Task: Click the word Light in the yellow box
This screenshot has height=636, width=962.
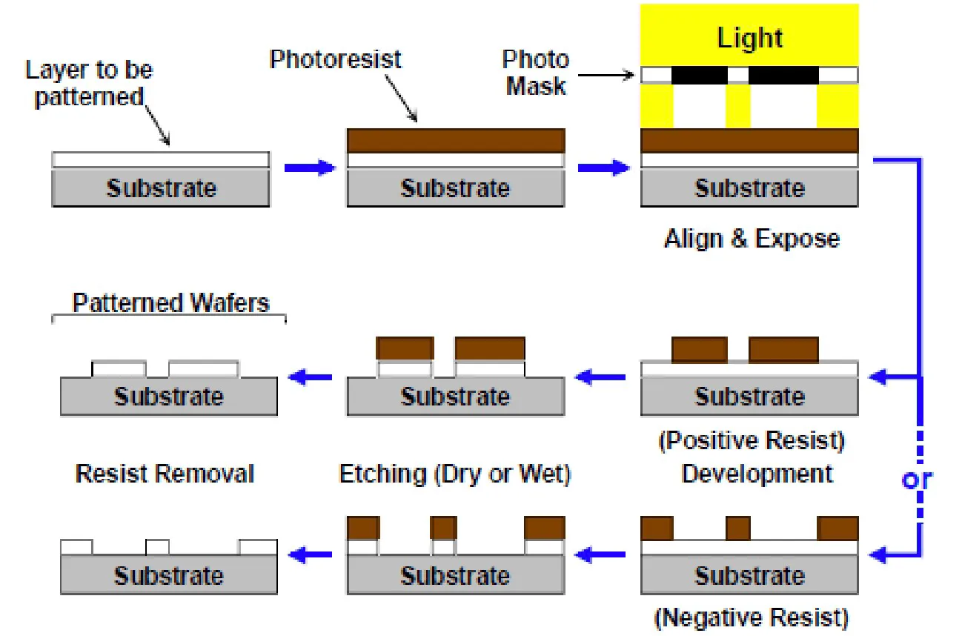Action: click(x=749, y=38)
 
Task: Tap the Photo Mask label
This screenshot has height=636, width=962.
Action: click(x=536, y=73)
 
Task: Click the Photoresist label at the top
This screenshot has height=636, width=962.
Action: click(x=335, y=59)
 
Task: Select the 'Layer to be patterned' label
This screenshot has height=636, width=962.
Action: click(x=89, y=83)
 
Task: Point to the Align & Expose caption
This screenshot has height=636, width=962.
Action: click(x=752, y=239)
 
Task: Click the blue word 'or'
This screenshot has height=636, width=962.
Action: click(x=916, y=480)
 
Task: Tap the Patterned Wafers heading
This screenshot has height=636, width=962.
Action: click(x=170, y=302)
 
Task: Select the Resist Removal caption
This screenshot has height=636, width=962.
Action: click(x=165, y=474)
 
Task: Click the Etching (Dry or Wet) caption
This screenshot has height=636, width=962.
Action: click(x=454, y=474)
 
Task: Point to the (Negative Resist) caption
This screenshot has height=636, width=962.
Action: click(x=751, y=617)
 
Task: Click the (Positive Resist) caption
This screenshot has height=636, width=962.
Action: click(x=752, y=441)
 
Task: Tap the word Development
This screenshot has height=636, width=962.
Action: click(x=757, y=474)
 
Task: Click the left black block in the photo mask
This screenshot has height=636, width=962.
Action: click(x=699, y=75)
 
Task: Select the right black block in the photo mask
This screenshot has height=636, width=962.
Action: click(x=783, y=75)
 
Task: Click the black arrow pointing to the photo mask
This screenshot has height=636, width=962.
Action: click(x=605, y=75)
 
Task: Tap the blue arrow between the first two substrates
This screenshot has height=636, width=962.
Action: click(x=310, y=168)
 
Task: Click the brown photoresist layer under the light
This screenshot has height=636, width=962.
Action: click(x=749, y=140)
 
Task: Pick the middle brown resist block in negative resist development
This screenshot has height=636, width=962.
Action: click(x=737, y=529)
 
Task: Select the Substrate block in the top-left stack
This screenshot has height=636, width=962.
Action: click(x=161, y=188)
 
